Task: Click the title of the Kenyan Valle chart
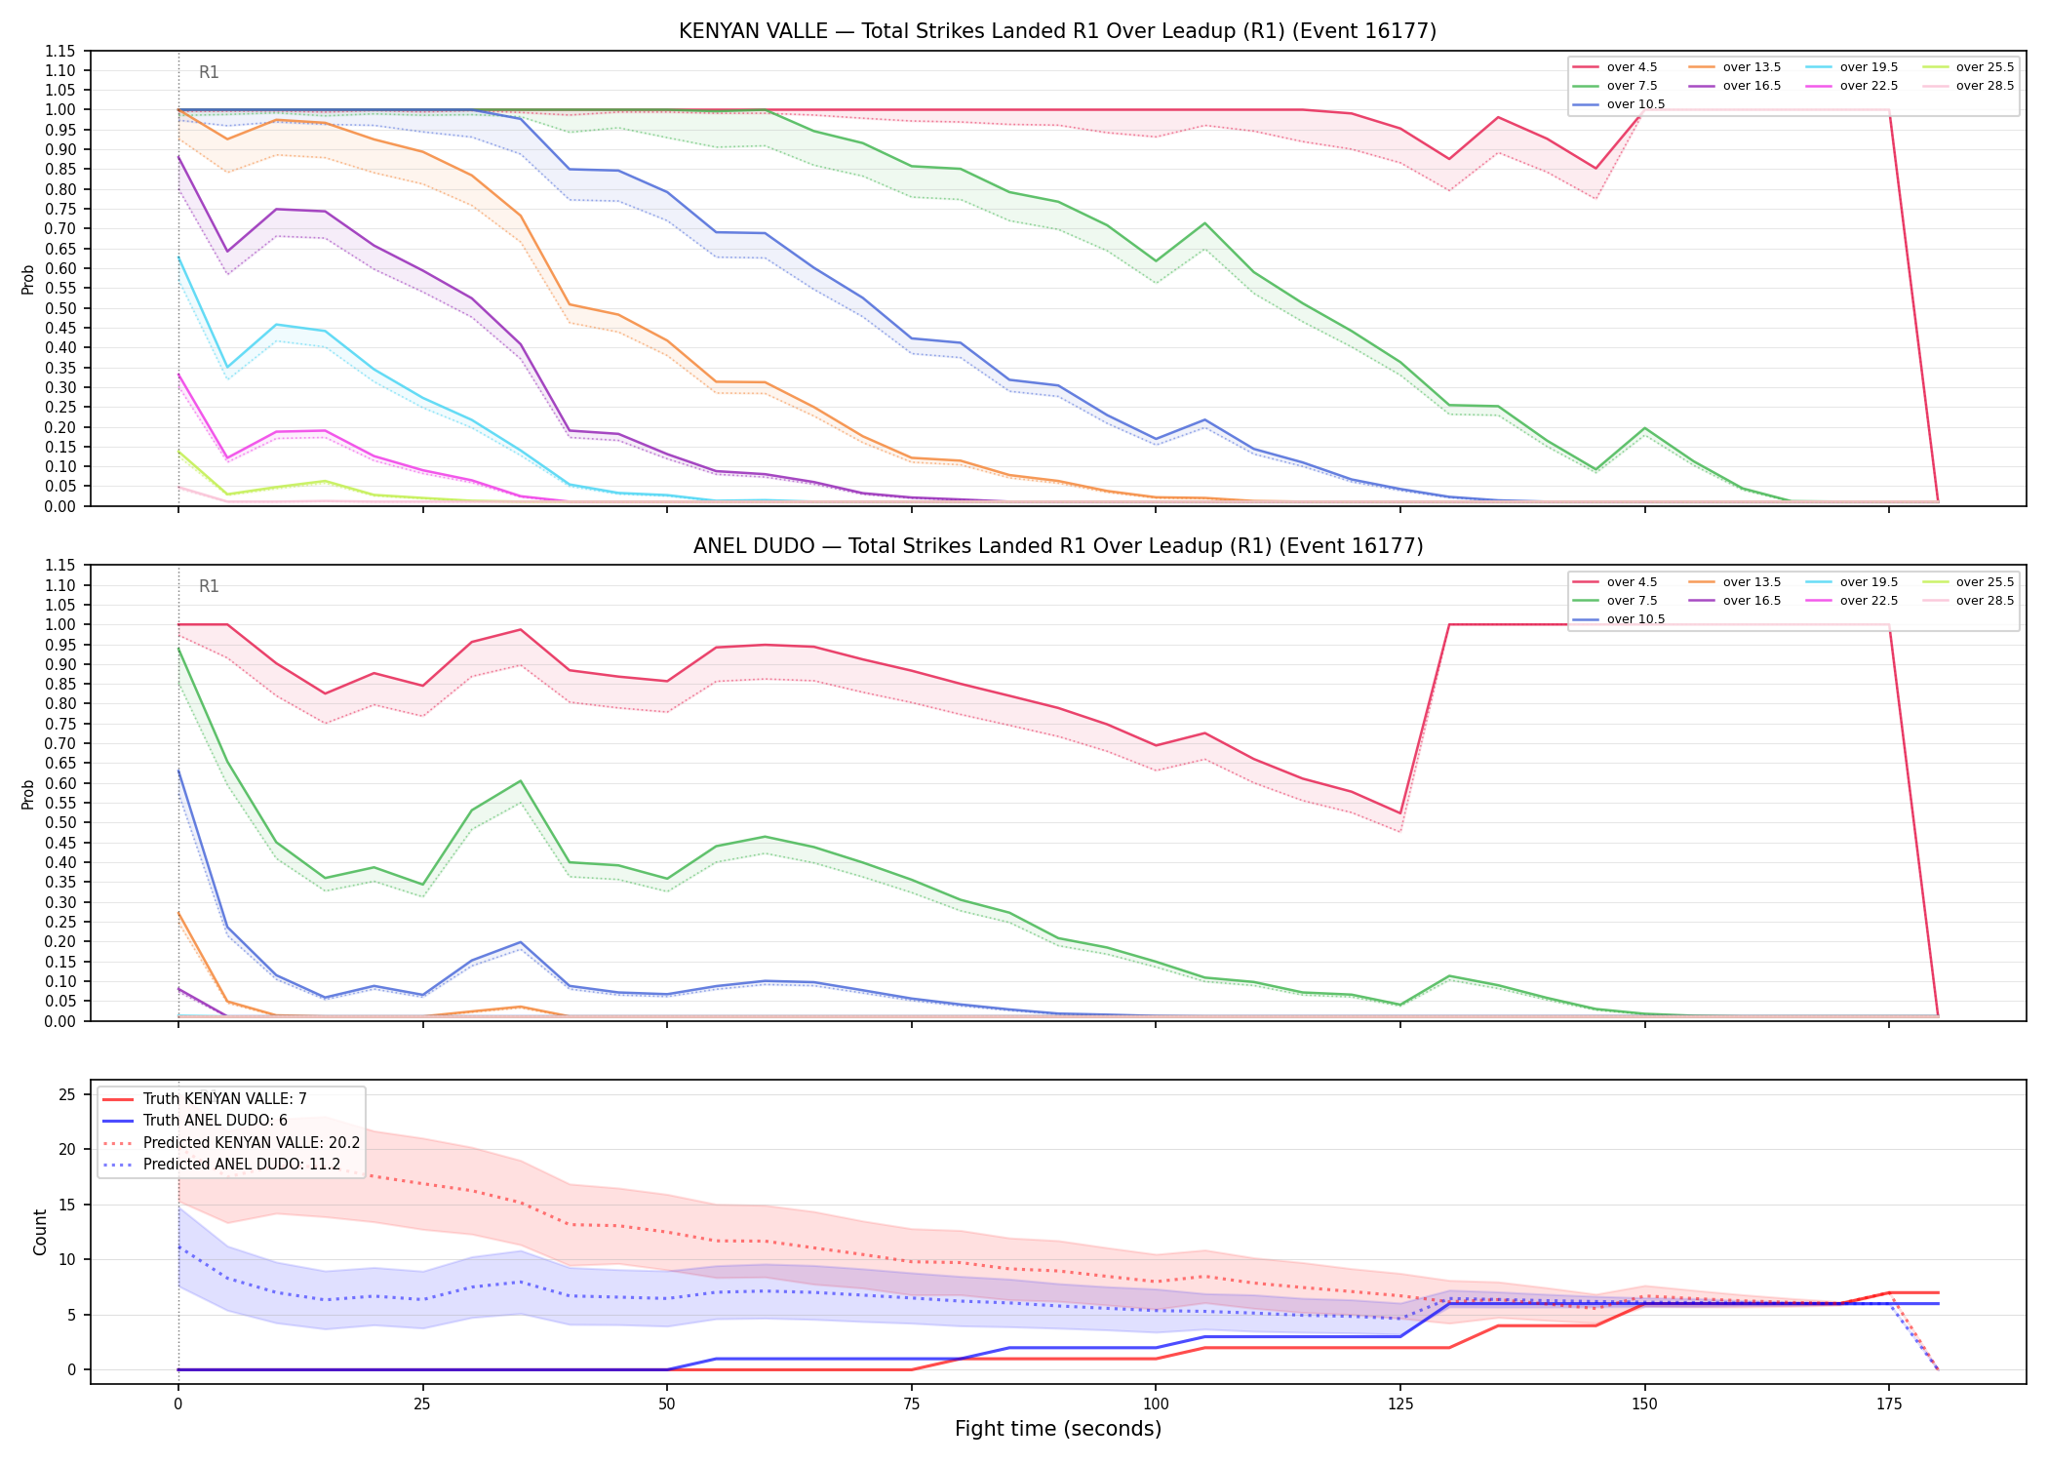1057,31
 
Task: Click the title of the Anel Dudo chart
1057,546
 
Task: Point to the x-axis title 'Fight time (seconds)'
1058,1429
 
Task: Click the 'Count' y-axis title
40,1232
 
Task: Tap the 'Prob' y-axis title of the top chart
28,279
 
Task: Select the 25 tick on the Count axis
66,1094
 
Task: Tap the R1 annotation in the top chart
209,72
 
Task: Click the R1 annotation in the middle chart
209,586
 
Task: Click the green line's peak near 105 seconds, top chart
1204,223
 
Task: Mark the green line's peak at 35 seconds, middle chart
521,780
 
